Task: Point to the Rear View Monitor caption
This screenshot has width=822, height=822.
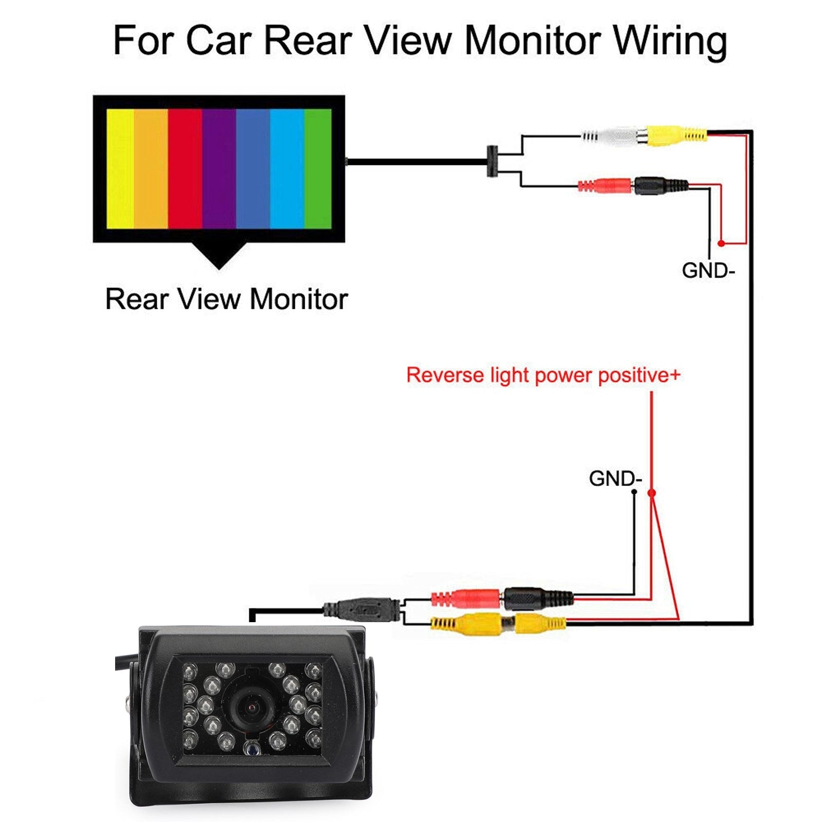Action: pyautogui.click(x=226, y=299)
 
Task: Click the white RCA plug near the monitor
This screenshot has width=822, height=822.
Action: pyautogui.click(x=614, y=136)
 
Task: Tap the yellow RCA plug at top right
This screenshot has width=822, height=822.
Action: pyautogui.click(x=676, y=136)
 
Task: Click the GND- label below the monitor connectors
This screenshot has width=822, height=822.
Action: pyautogui.click(x=708, y=270)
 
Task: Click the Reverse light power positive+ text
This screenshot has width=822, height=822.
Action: pyautogui.click(x=543, y=375)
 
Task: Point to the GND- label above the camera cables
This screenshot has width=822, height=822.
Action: pyautogui.click(x=615, y=478)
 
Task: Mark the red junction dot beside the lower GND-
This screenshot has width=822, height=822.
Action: pyautogui.click(x=651, y=493)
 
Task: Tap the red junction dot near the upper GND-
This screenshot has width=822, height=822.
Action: pyautogui.click(x=721, y=243)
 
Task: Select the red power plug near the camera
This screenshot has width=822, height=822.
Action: pyautogui.click(x=465, y=599)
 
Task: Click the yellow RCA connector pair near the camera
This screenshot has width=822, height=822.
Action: pyautogui.click(x=498, y=624)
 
